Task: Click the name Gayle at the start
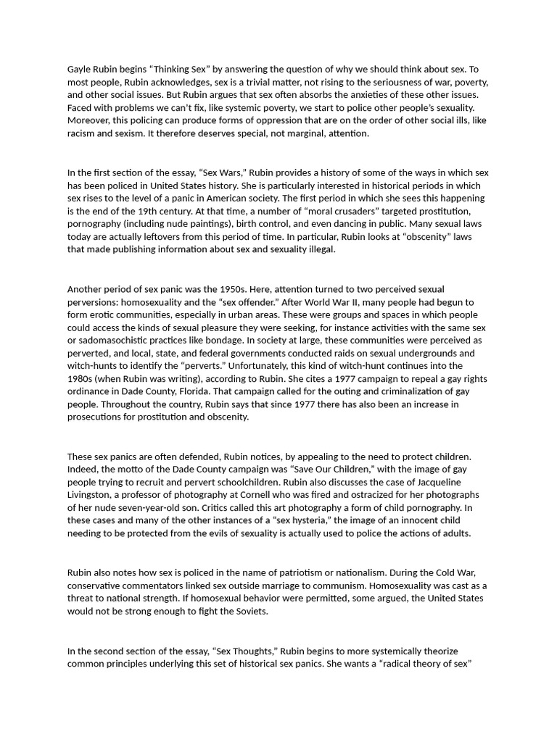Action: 81,69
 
